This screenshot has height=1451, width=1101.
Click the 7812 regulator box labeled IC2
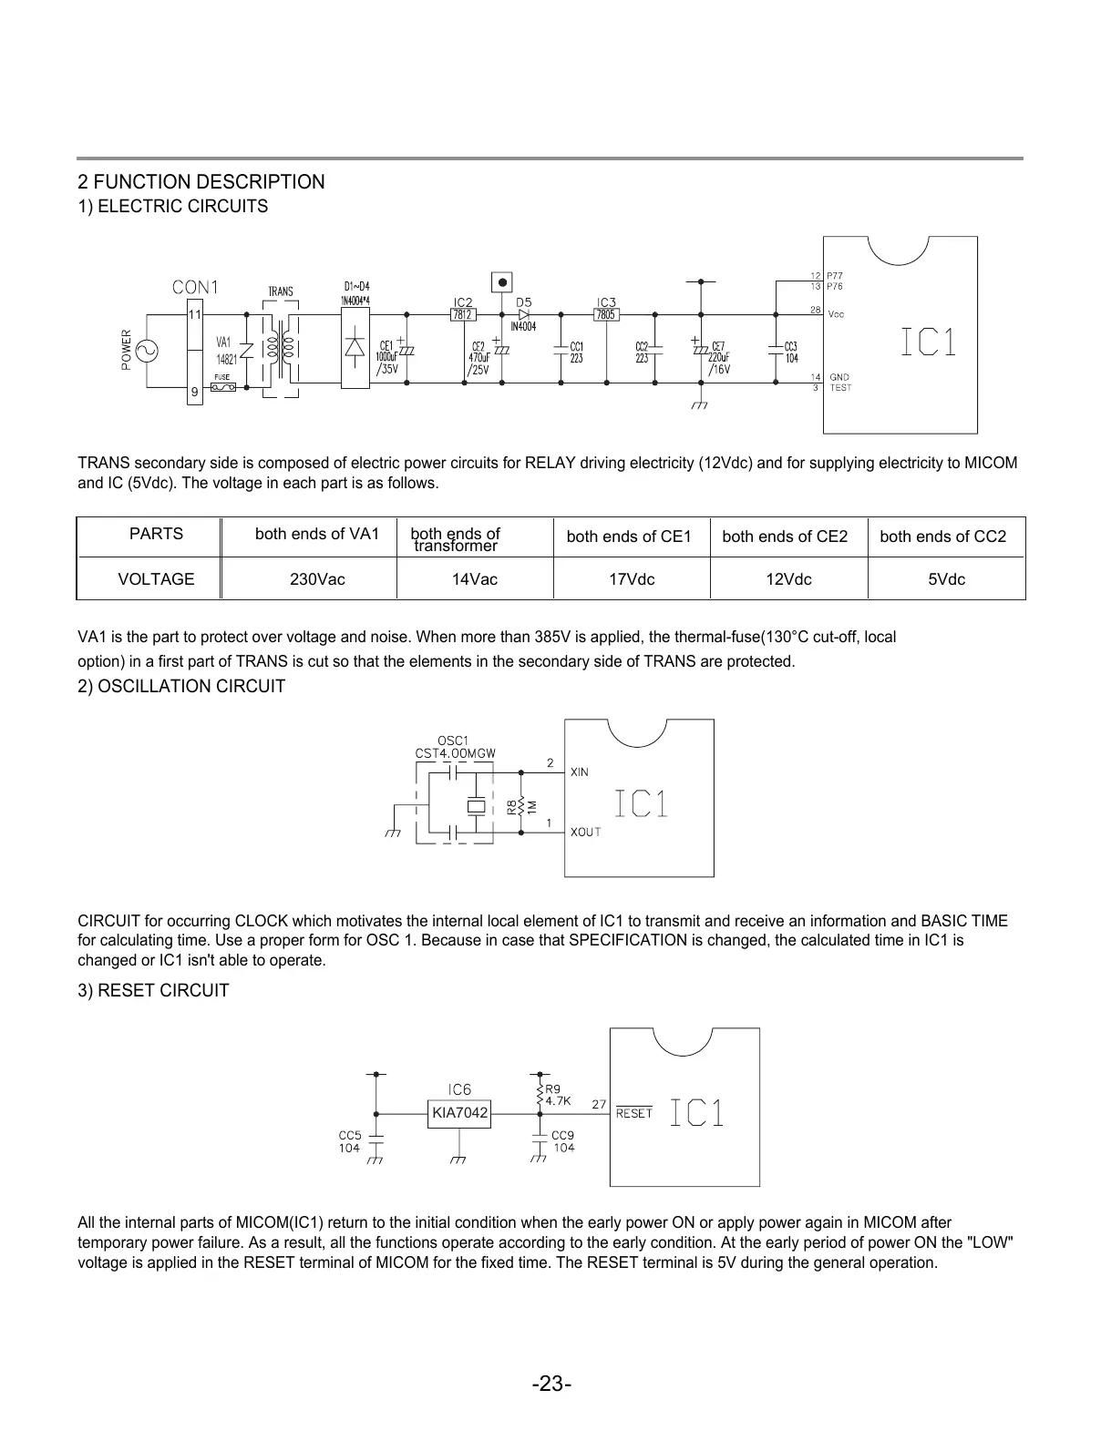463,315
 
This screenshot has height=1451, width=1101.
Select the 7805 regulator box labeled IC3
606,315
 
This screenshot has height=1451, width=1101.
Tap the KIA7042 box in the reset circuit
459,1113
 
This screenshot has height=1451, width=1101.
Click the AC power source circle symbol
145,349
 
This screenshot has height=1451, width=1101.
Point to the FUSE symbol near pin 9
222,387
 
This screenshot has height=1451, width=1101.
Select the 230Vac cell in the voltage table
317,579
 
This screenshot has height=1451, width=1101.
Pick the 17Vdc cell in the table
632,579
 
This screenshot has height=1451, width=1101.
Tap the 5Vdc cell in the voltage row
946,579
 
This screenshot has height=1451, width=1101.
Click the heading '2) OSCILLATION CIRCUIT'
181,686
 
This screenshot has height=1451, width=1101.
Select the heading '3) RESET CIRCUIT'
153,990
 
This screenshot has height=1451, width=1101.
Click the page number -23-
551,1385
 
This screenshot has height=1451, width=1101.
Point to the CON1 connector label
196,287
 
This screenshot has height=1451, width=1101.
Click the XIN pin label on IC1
579,772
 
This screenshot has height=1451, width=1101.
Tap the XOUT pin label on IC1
585,832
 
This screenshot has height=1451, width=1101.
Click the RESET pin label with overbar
634,1113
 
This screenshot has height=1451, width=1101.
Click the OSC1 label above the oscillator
453,740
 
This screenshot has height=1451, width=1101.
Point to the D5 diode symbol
524,315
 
